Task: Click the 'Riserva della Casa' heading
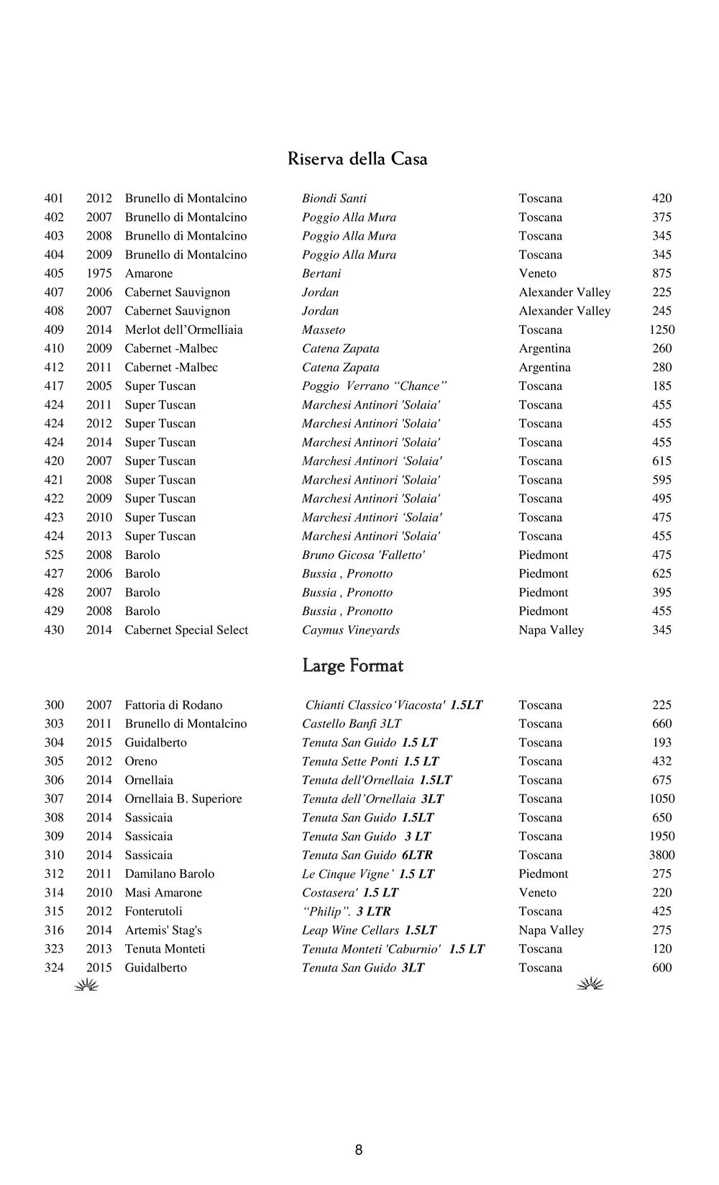[357, 159]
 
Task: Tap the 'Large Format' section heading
[352, 666]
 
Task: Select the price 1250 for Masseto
[661, 330]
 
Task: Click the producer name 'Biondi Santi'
[334, 199]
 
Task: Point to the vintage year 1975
[99, 273]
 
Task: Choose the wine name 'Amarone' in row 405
[149, 273]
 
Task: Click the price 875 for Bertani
[661, 273]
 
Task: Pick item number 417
[54, 386]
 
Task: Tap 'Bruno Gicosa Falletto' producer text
[363, 555]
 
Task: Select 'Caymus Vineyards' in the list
[351, 630]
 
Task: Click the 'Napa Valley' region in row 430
[551, 630]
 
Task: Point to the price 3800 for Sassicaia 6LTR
[661, 855]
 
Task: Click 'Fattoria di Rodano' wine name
[173, 706]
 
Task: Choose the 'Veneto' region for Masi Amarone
[537, 893]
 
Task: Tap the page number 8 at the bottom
[359, 1150]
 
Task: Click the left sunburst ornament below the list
[86, 985]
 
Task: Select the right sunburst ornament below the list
[590, 984]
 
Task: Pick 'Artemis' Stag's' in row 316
[163, 930]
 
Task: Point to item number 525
[54, 555]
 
